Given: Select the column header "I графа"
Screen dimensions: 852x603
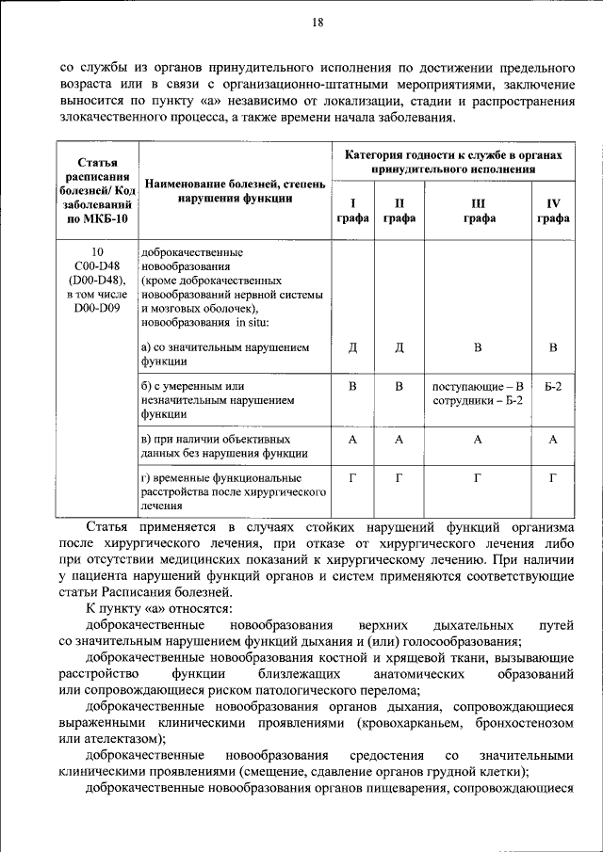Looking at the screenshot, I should tap(352, 210).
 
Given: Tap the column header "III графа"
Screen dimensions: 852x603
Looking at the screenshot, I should tap(478, 210).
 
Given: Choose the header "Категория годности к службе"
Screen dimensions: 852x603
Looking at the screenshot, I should tap(452, 162).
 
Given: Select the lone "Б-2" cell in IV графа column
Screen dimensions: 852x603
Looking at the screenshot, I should tap(553, 386).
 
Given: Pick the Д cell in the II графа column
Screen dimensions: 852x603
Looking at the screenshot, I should tap(399, 347).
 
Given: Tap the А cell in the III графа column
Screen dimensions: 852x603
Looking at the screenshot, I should tap(478, 440).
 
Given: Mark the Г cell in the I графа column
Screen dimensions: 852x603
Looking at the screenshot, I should tap(352, 478).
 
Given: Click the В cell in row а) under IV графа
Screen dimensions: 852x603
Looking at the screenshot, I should tap(553, 347).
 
